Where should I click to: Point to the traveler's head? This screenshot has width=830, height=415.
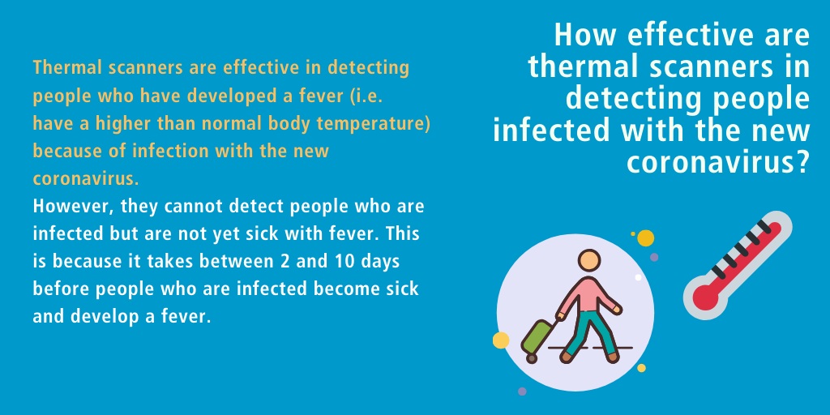click(588, 260)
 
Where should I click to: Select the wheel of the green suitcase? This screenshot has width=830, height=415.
click(532, 358)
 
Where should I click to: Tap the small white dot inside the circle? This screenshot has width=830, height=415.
click(638, 277)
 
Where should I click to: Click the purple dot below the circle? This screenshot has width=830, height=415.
click(522, 391)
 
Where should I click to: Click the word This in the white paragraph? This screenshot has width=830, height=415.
click(404, 234)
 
